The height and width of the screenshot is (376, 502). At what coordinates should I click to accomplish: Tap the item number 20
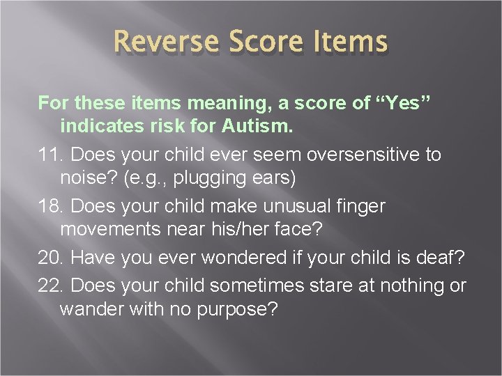coord(51,258)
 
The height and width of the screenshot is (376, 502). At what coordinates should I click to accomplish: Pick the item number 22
coord(51,285)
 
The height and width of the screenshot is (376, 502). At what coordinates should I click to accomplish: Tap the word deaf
coord(446,258)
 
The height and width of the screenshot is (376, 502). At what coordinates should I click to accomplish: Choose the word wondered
coord(247,258)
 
